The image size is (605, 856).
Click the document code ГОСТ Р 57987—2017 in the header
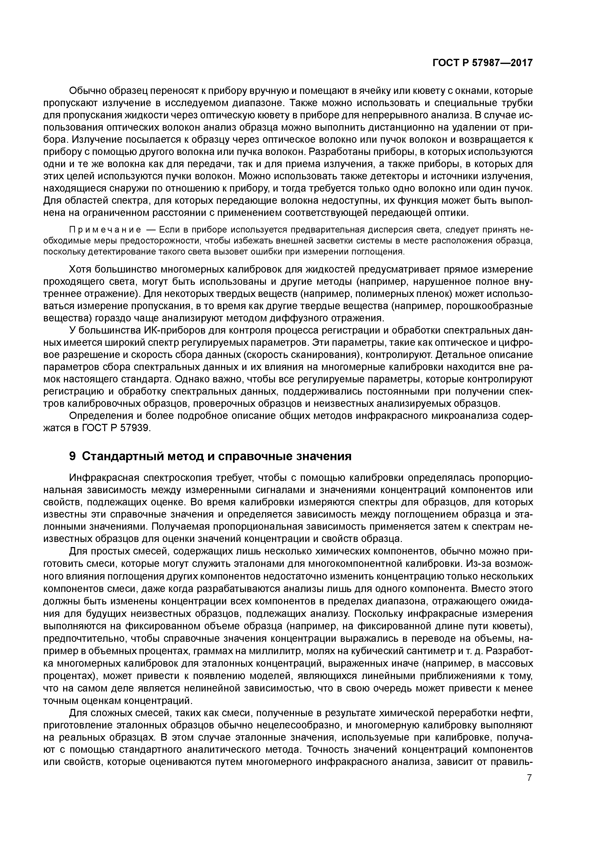[482, 63]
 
